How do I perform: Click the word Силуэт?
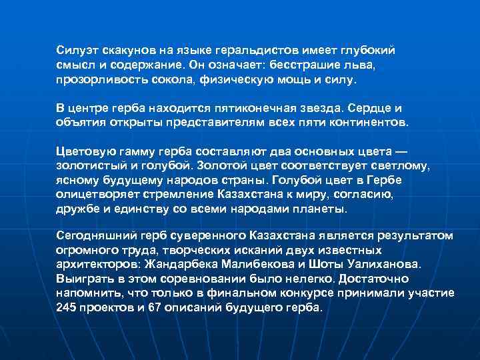click(x=75, y=50)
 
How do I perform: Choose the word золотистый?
click(x=91, y=166)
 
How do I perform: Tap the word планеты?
click(x=322, y=210)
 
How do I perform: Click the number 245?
click(x=67, y=308)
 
